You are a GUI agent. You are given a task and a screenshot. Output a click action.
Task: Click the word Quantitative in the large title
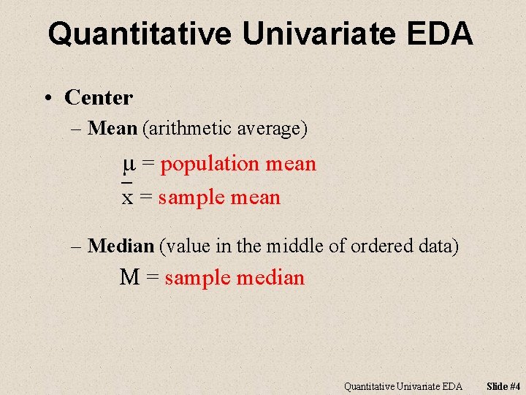(x=140, y=34)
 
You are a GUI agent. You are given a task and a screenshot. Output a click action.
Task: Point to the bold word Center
(x=99, y=97)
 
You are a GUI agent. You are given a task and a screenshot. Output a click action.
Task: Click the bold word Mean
(x=112, y=129)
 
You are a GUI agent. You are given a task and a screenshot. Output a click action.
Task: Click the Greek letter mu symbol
(x=128, y=164)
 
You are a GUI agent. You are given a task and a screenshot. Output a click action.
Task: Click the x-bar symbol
(x=127, y=196)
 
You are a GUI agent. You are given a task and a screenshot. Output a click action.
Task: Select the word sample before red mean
(x=191, y=197)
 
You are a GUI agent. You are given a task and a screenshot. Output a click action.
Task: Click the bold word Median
(x=120, y=247)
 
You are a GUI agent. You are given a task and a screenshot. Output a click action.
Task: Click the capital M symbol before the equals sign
(x=130, y=278)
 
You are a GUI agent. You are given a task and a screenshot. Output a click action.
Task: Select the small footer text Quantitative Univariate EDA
(x=403, y=385)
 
